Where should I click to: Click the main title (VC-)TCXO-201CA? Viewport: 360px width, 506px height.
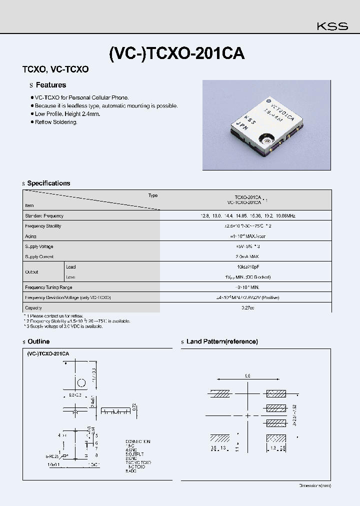coord(176,53)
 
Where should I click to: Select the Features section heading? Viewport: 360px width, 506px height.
coord(50,85)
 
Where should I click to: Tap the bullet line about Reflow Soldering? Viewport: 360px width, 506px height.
coord(56,122)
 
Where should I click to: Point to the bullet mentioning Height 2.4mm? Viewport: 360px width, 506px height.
coord(67,114)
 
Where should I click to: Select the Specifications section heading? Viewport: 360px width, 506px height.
coord(48,183)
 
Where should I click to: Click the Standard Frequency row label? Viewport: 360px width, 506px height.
coord(44,216)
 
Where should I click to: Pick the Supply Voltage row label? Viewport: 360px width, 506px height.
coord(39,246)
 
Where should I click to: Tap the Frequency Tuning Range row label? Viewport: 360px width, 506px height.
coord(48,287)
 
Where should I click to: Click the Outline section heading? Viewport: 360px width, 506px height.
coord(38,341)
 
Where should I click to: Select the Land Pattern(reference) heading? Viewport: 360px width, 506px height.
coord(222,341)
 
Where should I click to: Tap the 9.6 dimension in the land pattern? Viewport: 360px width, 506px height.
coord(247,375)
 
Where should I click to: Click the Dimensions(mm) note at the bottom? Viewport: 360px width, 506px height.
coord(314,485)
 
